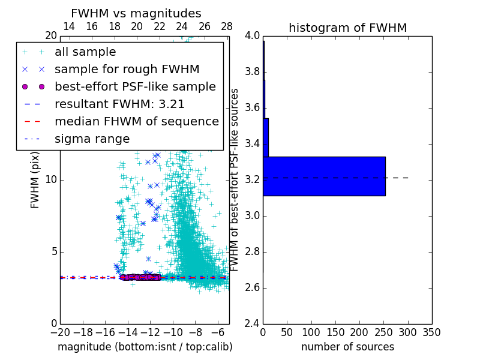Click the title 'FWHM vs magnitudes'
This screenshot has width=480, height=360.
136,13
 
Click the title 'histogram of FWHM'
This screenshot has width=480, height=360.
347,28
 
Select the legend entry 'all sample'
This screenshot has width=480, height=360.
85,52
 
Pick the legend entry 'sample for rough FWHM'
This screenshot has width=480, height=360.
127,70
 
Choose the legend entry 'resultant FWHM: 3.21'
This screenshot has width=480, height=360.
119,104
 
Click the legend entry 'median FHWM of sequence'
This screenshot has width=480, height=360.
136,122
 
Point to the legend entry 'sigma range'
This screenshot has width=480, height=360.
92,139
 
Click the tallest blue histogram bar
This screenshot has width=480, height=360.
324,176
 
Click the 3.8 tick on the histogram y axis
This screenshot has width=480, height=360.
252,72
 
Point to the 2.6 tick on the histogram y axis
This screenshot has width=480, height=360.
252,288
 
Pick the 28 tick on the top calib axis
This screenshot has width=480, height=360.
227,27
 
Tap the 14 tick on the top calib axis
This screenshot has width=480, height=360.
69,27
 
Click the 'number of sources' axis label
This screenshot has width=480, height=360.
347,347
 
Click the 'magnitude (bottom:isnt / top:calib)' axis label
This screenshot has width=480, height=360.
145,347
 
